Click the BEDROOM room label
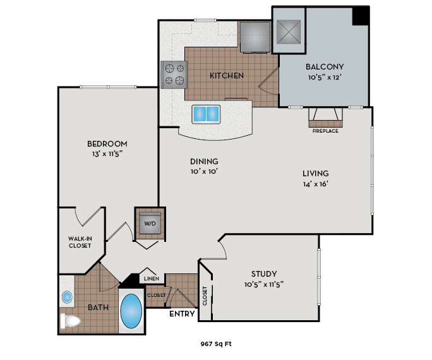(x=107, y=143)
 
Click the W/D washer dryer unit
(x=150, y=223)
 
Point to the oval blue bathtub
(x=131, y=311)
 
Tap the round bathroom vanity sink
(x=68, y=297)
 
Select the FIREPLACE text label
(x=325, y=131)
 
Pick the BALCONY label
(x=325, y=67)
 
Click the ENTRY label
(x=182, y=313)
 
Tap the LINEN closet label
(x=150, y=279)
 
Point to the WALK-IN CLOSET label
(x=80, y=242)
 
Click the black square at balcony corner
(x=361, y=16)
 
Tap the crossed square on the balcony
(x=289, y=30)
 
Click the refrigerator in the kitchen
(x=255, y=37)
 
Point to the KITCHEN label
(x=227, y=76)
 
